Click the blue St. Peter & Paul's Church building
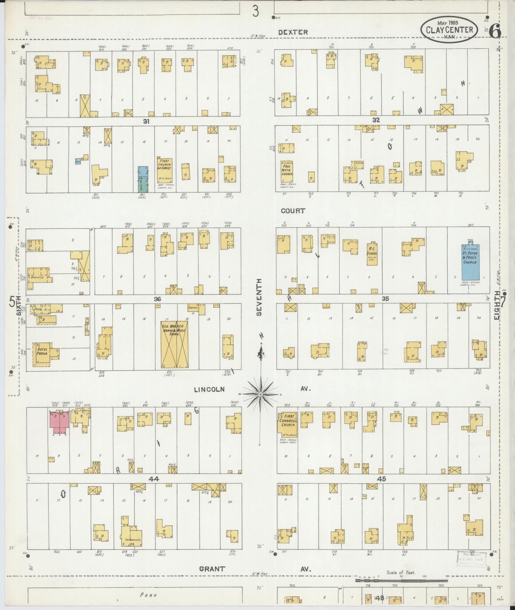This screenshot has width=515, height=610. point(471,262)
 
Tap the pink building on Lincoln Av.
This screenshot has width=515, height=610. point(60,421)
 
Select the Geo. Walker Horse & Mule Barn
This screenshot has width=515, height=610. point(174,344)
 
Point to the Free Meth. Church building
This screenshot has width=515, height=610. point(287,172)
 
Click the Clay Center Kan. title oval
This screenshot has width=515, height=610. point(450,29)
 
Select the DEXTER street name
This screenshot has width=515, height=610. point(293,32)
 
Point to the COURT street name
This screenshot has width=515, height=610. point(293,211)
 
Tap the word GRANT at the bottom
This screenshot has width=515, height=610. point(212,569)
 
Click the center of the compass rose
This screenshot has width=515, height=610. point(261,394)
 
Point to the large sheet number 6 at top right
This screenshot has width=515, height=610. point(494,31)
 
